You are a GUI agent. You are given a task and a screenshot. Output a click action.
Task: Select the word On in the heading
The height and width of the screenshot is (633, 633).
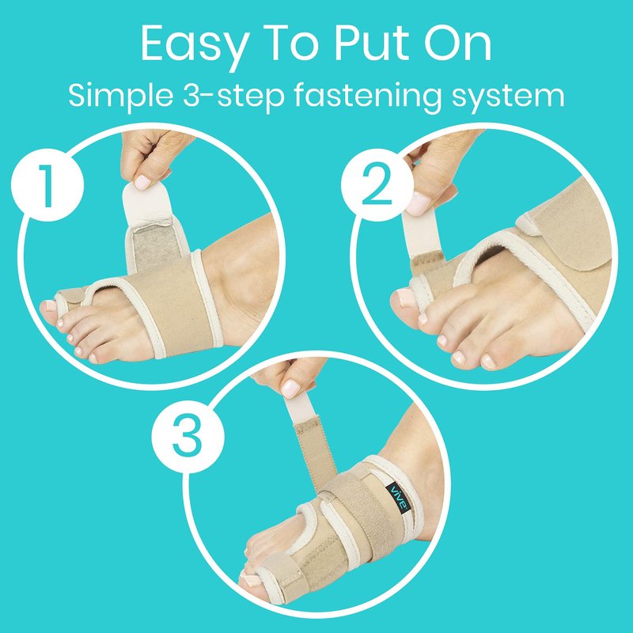458,43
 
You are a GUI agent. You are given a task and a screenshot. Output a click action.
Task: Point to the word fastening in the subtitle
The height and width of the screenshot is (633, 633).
366,97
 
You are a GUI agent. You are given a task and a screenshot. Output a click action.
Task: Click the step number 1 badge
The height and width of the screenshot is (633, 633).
47,184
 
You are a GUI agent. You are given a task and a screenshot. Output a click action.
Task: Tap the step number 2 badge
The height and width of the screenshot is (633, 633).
377,184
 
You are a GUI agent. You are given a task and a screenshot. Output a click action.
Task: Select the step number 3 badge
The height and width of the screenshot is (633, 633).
188,438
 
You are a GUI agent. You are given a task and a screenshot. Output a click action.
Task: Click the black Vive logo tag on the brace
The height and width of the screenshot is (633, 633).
399,498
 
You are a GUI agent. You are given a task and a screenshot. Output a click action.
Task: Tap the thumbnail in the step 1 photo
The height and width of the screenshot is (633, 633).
142,182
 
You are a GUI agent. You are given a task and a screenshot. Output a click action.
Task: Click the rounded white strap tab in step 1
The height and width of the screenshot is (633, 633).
147,204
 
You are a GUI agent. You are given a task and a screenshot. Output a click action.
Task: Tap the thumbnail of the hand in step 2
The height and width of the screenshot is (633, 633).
416,204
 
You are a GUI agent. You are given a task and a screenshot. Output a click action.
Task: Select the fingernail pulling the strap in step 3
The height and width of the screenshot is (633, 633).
290,389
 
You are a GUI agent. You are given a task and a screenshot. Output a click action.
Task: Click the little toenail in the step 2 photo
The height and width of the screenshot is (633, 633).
488,362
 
